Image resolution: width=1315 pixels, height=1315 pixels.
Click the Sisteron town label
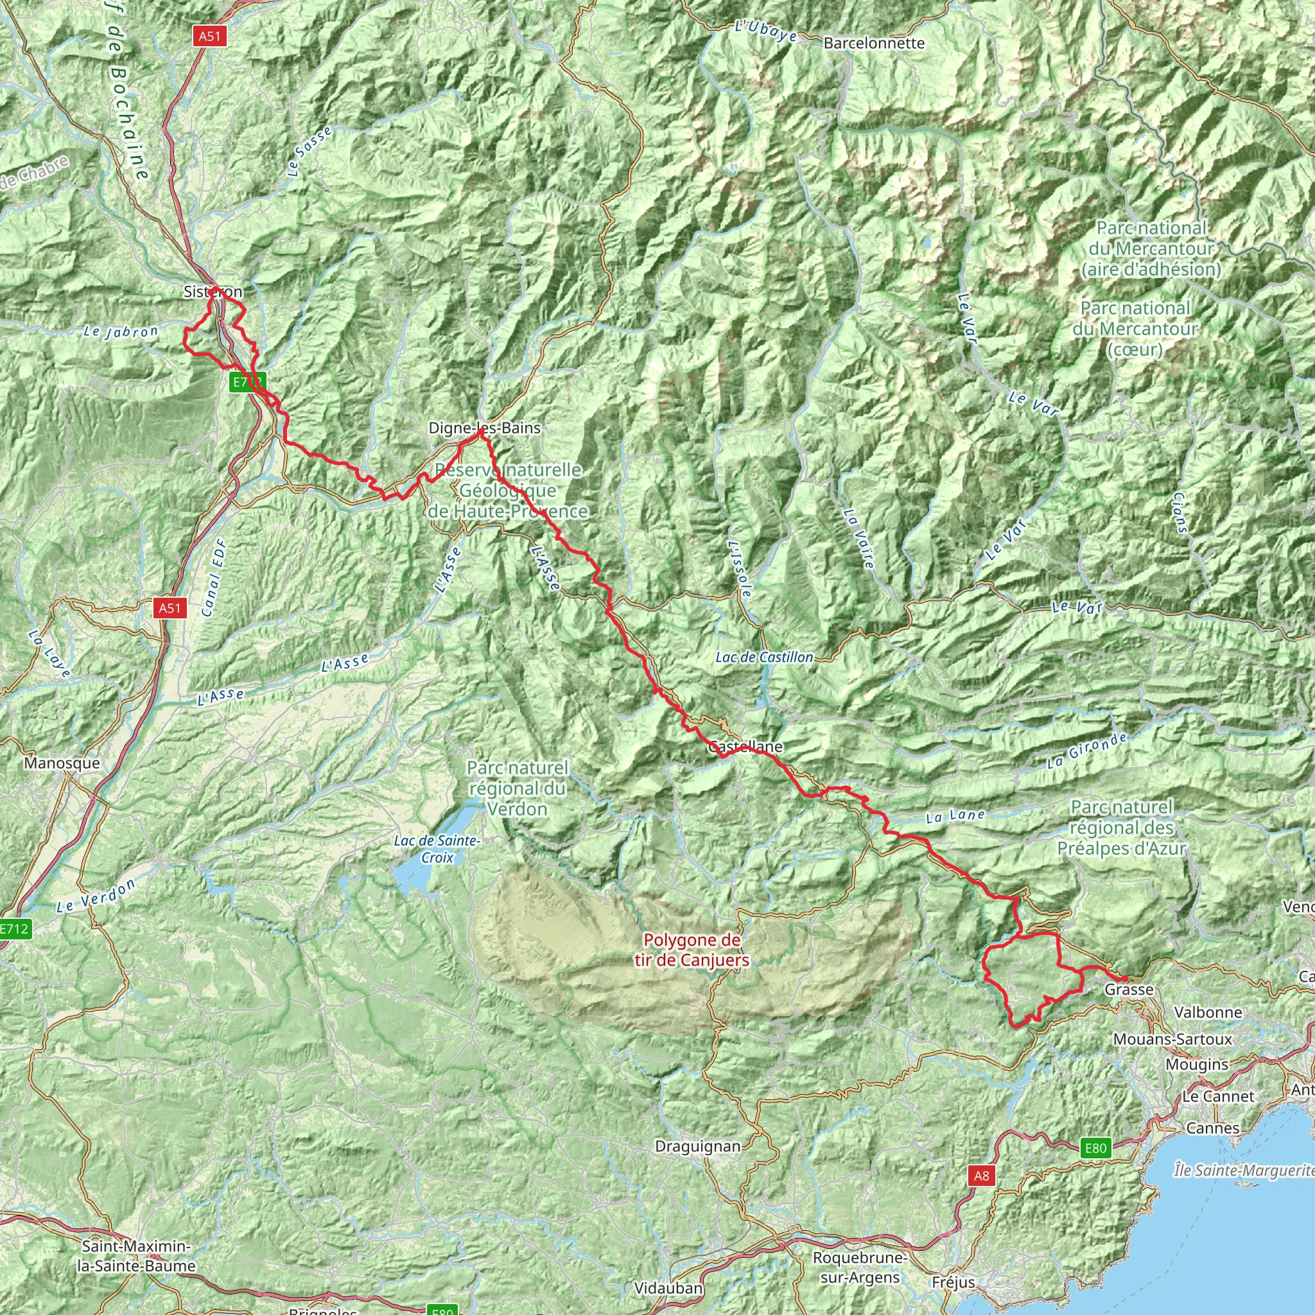(x=213, y=292)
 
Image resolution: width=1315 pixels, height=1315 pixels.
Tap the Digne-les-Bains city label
(x=484, y=428)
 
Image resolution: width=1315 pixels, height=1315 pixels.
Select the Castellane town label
(x=745, y=747)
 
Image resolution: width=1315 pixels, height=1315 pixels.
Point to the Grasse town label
(x=1129, y=989)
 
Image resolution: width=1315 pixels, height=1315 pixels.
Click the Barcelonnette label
(x=874, y=44)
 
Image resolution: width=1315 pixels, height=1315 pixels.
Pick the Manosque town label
(x=62, y=763)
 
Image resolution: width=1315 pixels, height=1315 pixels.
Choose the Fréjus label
(x=953, y=1283)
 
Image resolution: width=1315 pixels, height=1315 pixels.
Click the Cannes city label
(x=1213, y=1128)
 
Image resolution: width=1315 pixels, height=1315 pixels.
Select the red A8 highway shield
(x=982, y=1176)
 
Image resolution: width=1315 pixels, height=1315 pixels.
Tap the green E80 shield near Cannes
(x=1096, y=1148)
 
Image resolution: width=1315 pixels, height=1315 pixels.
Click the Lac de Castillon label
(x=764, y=657)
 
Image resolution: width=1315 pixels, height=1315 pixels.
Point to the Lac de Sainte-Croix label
(x=437, y=849)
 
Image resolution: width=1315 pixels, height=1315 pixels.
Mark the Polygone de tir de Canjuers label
(x=692, y=950)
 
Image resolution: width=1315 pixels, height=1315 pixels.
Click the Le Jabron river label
(x=121, y=332)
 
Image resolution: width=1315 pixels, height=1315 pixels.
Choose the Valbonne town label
(x=1208, y=1012)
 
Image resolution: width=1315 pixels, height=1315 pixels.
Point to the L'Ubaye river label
(x=767, y=31)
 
